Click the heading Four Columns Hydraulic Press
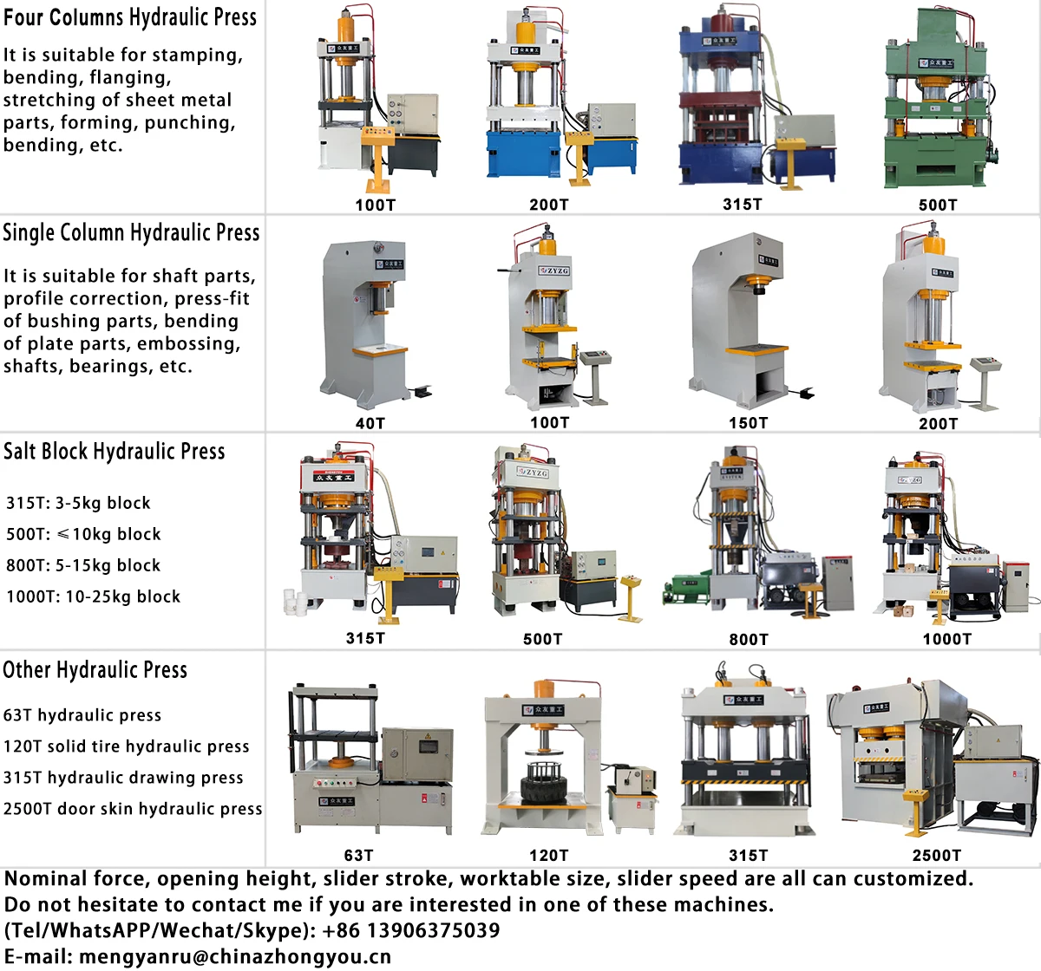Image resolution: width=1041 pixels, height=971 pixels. click(x=130, y=18)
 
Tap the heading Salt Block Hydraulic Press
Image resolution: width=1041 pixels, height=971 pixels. click(x=114, y=452)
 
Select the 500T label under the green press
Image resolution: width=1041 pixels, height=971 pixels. click(x=938, y=205)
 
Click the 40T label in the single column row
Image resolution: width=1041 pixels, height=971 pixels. click(x=370, y=423)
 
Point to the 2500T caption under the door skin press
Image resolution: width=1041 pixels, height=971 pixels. click(x=937, y=856)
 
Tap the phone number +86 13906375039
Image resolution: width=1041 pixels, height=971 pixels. click(x=410, y=931)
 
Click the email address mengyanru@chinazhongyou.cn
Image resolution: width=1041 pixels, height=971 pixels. click(x=235, y=957)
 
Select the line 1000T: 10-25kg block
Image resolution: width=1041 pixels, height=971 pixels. click(x=94, y=596)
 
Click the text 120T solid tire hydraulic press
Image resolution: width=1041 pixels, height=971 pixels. click(x=127, y=746)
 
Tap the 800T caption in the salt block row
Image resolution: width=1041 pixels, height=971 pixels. click(x=749, y=639)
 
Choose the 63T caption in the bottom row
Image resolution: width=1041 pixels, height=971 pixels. click(x=358, y=856)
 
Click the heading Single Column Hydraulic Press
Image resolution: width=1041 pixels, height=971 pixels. click(x=131, y=233)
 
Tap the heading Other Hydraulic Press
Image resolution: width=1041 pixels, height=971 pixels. click(x=95, y=670)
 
